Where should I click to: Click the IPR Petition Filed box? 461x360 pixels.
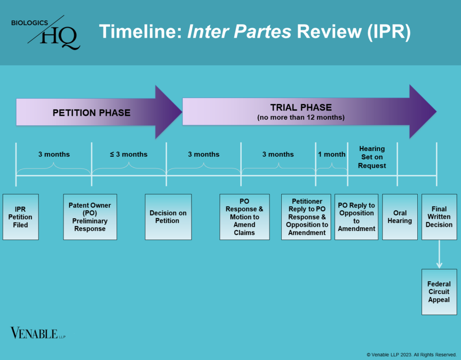[21, 217]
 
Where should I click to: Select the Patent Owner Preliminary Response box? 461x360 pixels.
[90, 217]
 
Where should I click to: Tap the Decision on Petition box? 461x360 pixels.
[168, 217]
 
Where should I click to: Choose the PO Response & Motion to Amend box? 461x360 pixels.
[245, 217]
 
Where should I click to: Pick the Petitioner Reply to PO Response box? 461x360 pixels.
[307, 217]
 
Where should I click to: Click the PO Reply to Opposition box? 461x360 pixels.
[356, 217]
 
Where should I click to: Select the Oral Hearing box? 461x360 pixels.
[399, 217]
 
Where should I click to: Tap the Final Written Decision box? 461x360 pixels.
[439, 217]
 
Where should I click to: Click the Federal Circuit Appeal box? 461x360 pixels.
[439, 292]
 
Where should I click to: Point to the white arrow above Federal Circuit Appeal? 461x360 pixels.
[439, 255]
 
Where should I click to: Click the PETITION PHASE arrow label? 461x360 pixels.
[91, 112]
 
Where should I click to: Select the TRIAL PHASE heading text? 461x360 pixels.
[301, 108]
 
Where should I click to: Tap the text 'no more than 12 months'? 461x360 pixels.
[301, 118]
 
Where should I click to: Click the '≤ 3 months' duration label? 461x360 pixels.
[128, 154]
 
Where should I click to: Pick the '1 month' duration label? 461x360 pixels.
[332, 154]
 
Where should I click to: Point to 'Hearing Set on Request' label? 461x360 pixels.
[372, 157]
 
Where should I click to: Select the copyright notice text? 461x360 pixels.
[411, 354]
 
